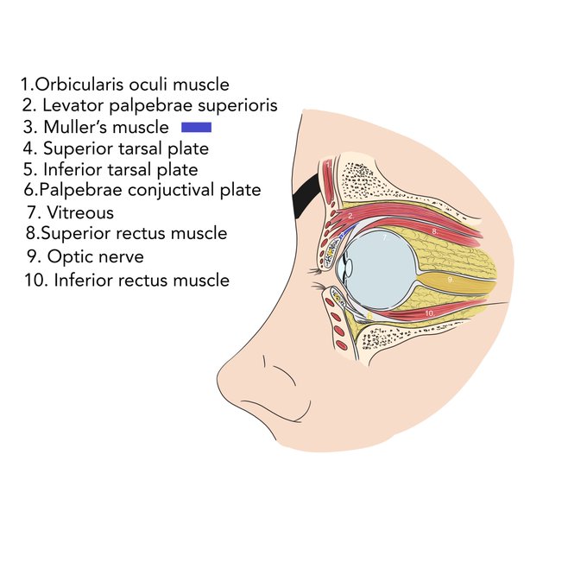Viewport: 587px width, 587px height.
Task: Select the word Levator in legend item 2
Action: (73, 105)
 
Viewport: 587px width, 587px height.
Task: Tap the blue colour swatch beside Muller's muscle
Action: (197, 127)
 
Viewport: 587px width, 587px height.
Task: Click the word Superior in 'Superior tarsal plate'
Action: (79, 149)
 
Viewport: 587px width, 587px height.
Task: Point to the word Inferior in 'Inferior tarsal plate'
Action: (73, 169)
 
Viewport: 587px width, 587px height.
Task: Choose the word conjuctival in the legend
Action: (172, 190)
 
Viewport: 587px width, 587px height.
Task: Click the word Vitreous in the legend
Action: (80, 213)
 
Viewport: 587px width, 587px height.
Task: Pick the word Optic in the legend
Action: (68, 257)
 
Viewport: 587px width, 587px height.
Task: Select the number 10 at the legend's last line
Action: (35, 280)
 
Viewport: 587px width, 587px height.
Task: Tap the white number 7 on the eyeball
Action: (385, 237)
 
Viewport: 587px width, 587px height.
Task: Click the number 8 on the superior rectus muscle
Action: (434, 231)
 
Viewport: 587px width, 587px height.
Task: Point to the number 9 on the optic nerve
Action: (451, 280)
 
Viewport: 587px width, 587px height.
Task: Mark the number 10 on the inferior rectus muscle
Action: (429, 313)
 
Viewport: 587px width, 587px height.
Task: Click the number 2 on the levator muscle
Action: (350, 216)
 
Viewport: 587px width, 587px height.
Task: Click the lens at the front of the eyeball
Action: (349, 268)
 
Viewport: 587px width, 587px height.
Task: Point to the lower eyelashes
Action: (319, 287)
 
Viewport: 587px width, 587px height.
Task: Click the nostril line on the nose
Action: (285, 376)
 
